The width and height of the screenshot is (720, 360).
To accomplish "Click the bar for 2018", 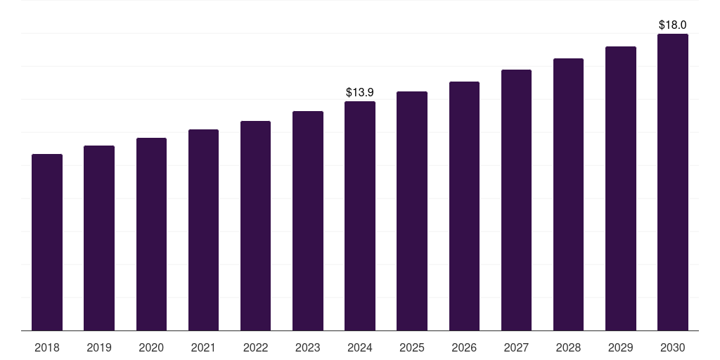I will pos(47,242).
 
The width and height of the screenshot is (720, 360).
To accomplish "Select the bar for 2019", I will pos(99,238).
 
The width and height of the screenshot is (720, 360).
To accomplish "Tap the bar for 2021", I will pos(203,230).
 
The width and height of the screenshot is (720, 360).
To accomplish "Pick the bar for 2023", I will pos(308,221).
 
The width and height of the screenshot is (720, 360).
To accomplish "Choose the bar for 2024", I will pos(360,216).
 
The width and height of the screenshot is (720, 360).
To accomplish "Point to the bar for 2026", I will pos(464,206).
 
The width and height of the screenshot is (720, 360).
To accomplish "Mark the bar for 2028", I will pos(568,194).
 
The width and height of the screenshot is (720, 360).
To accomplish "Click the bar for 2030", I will pos(673,182).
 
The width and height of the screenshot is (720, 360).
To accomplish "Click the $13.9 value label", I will pos(360,92).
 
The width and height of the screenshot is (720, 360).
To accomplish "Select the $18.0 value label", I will pos(673,25).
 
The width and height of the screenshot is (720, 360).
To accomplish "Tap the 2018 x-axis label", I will pos(47,347).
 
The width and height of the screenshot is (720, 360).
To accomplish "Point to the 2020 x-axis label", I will pos(151,347).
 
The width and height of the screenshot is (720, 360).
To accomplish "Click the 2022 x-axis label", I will pos(255,347).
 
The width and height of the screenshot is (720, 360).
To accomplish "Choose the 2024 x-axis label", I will pos(360,347).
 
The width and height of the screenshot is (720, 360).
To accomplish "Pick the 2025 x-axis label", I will pos(412,347).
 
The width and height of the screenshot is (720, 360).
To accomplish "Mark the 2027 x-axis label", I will pos(516,347).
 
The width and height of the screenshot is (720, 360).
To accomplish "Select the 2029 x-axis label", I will pos(620,347).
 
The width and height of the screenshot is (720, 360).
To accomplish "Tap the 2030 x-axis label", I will pos(673,347).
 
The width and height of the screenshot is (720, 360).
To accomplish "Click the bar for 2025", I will pos(412,211).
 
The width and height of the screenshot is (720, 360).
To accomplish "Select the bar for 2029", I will pos(620,188).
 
